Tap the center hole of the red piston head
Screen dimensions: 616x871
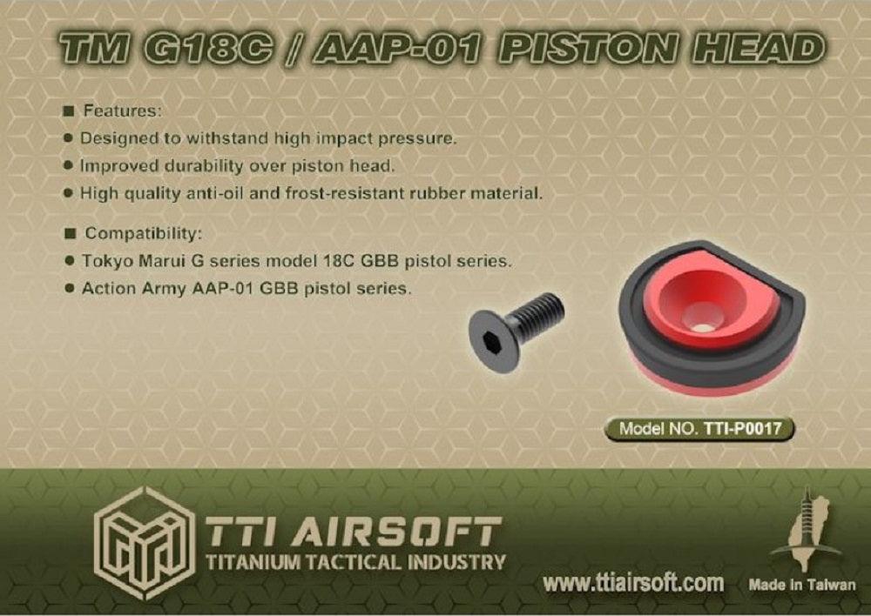coord(700,319)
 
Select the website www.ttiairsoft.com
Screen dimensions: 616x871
coord(632,583)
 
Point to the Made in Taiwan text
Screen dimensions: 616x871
coord(801,585)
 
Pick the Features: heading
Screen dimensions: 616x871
coord(122,111)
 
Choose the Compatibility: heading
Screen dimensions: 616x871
coord(143,234)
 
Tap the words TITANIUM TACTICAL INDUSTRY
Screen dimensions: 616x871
coord(354,562)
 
